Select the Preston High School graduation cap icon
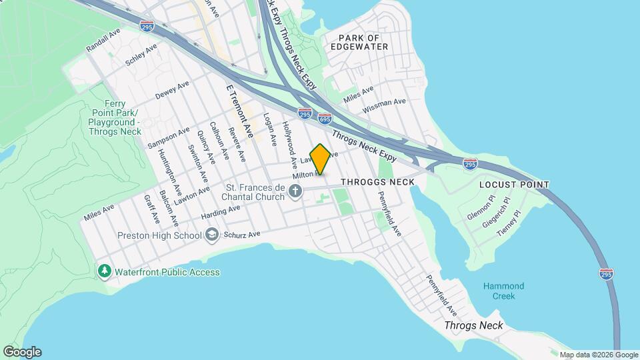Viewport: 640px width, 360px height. pyautogui.click(x=212, y=235)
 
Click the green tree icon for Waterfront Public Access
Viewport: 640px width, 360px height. pyautogui.click(x=104, y=271)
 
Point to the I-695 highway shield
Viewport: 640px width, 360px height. pyautogui.click(x=325, y=119)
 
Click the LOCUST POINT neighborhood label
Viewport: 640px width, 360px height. pyautogui.click(x=514, y=184)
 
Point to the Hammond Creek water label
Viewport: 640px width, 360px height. pyautogui.click(x=503, y=291)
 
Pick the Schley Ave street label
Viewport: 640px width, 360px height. pyautogui.click(x=141, y=55)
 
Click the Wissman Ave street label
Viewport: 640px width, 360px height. pyautogui.click(x=384, y=105)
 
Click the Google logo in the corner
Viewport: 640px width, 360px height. pyautogui.click(x=22, y=352)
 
